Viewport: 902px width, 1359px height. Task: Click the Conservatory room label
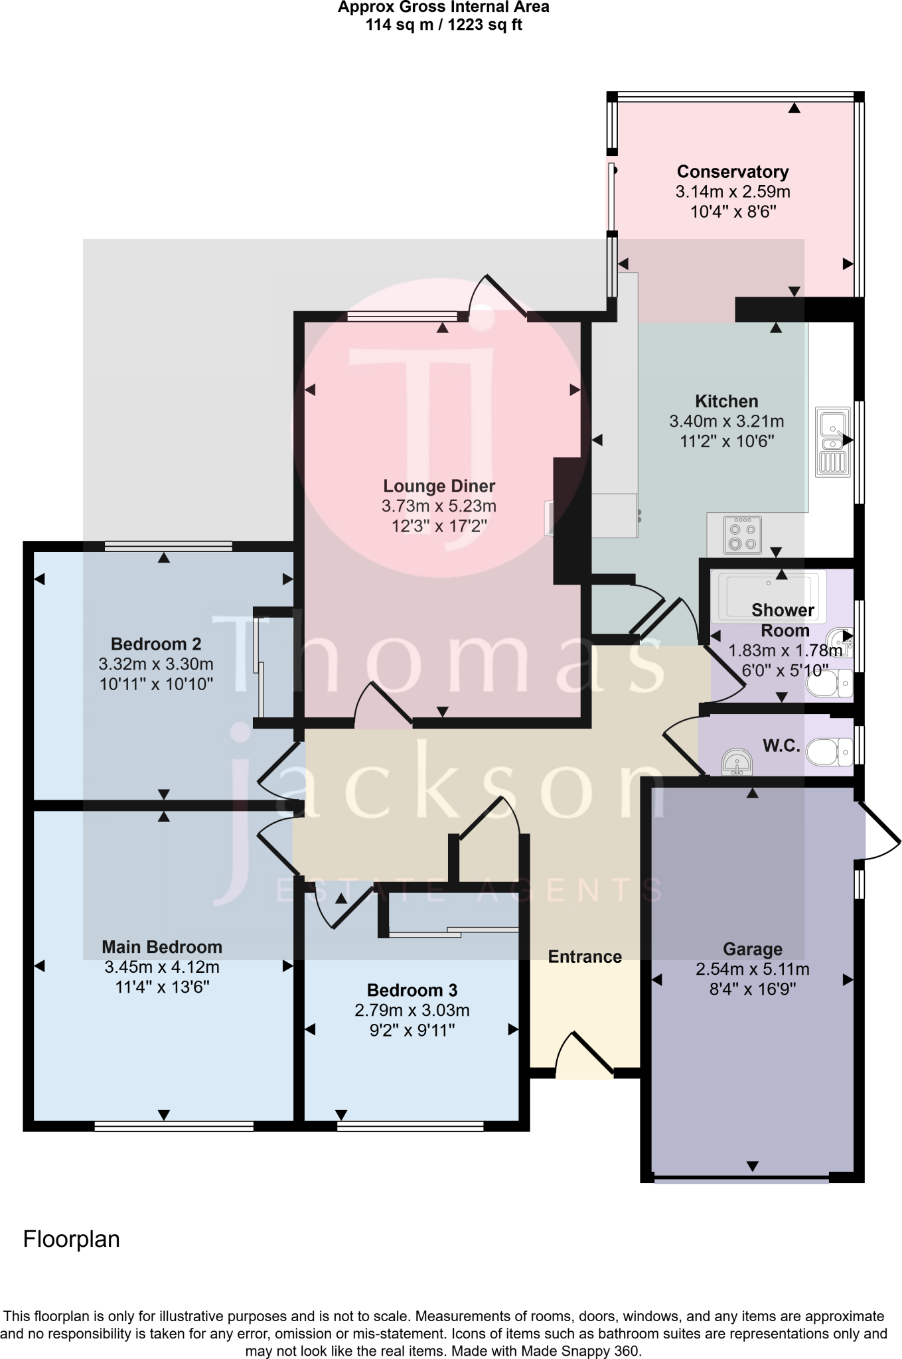click(x=732, y=172)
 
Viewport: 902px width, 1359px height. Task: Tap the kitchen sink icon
click(x=833, y=441)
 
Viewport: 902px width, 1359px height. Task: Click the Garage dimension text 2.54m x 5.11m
click(x=752, y=969)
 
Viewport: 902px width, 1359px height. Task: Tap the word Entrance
click(x=585, y=957)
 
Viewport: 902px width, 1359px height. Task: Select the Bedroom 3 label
click(x=412, y=991)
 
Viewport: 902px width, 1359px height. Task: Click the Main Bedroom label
click(x=162, y=947)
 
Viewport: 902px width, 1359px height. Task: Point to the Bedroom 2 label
click(x=156, y=644)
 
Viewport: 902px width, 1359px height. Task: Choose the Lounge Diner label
click(x=439, y=486)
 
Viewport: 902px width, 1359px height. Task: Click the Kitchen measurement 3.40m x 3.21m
click(x=727, y=421)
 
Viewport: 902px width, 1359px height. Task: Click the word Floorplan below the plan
click(x=72, y=1240)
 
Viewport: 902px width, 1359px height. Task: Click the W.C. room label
click(x=781, y=746)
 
